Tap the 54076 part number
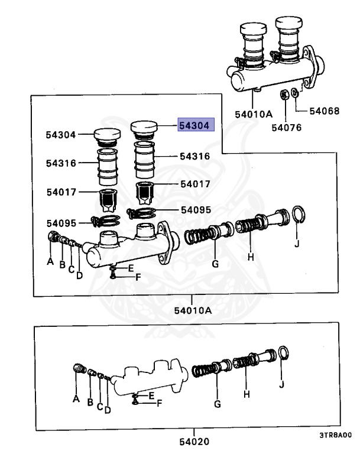287,125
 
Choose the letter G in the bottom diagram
217,404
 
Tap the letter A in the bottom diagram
76,399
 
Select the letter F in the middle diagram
137,276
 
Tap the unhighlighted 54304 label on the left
60,135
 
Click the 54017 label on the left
60,193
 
